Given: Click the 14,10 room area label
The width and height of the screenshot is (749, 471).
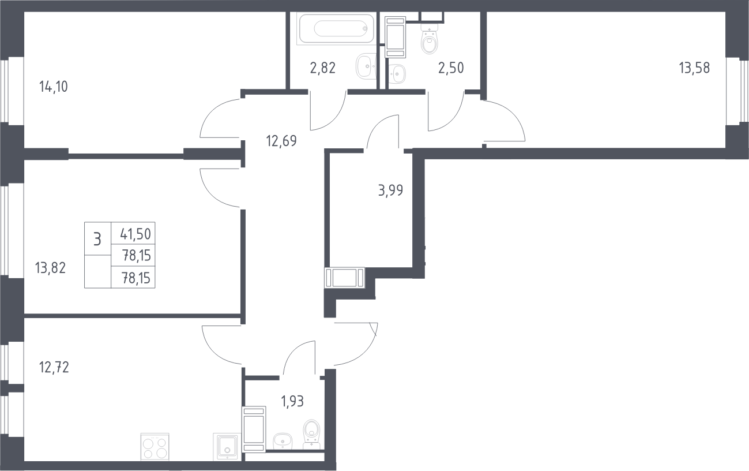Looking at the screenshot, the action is tap(54, 87).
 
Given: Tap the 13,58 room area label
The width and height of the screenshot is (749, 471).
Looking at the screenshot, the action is tap(694, 68).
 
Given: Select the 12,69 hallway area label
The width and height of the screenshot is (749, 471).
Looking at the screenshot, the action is tap(281, 141).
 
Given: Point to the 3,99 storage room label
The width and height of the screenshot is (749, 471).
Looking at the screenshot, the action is tap(390, 190).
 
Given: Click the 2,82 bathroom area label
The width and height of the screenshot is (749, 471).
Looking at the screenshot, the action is tap(323, 68).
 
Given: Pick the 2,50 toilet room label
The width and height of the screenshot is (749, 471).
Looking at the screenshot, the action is tap(451, 68).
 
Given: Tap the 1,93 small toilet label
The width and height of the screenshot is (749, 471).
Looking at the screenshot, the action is tap(292, 401).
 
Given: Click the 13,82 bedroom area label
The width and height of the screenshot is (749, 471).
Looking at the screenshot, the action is tap(50, 268).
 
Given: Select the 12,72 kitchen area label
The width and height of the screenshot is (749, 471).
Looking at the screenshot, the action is tap(54, 368).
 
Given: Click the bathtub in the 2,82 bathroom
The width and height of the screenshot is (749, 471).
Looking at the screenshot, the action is tap(337, 28).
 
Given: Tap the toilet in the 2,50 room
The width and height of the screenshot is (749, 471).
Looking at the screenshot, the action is tap(430, 39).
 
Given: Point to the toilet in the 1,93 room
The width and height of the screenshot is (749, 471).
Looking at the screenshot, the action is tap(311, 435).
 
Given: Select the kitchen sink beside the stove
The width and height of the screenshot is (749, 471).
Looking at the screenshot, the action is tap(227, 447).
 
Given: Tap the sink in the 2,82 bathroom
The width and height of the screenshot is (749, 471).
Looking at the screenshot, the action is tap(366, 66).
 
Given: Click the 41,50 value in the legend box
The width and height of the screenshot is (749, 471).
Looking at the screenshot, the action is tap(136, 234).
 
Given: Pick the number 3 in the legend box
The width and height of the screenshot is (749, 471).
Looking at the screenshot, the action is tap(97, 240).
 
